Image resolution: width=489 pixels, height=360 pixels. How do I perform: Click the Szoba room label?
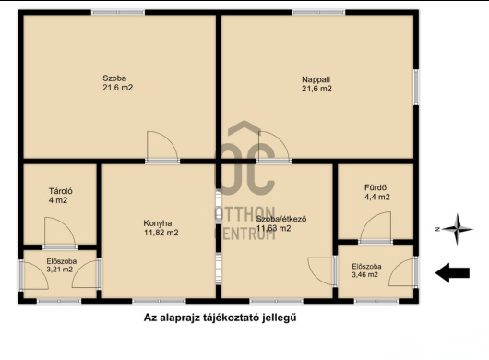pyautogui.click(x=114, y=78)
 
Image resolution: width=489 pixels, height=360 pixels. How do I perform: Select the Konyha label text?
pyautogui.click(x=158, y=223)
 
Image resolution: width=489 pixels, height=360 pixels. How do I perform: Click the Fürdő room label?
pyautogui.click(x=376, y=187)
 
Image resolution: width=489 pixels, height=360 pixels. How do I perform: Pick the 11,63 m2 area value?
pyautogui.click(x=273, y=228)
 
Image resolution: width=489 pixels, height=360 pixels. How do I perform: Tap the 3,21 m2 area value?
pyautogui.click(x=60, y=270)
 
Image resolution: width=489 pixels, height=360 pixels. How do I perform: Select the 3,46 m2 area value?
pyautogui.click(x=364, y=274)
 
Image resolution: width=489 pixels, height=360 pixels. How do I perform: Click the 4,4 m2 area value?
pyautogui.click(x=377, y=198)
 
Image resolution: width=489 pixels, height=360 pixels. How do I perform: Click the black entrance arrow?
pyautogui.click(x=452, y=272)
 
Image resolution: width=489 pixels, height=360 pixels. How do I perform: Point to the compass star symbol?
pyautogui.click(x=458, y=229)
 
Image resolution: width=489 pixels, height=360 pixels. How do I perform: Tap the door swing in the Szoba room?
pyautogui.click(x=162, y=146)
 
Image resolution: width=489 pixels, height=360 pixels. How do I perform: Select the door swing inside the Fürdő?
pyautogui.click(x=376, y=226)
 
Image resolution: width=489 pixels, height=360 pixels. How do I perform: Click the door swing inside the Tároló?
pyautogui.click(x=60, y=231)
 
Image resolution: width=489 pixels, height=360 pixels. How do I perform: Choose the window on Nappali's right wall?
pyautogui.click(x=416, y=87)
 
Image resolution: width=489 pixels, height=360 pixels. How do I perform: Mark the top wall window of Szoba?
pyautogui.click(x=118, y=13)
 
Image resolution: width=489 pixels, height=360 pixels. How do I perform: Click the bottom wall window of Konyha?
pyautogui.click(x=159, y=301)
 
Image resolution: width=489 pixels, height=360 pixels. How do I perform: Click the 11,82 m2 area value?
pyautogui.click(x=161, y=233)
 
